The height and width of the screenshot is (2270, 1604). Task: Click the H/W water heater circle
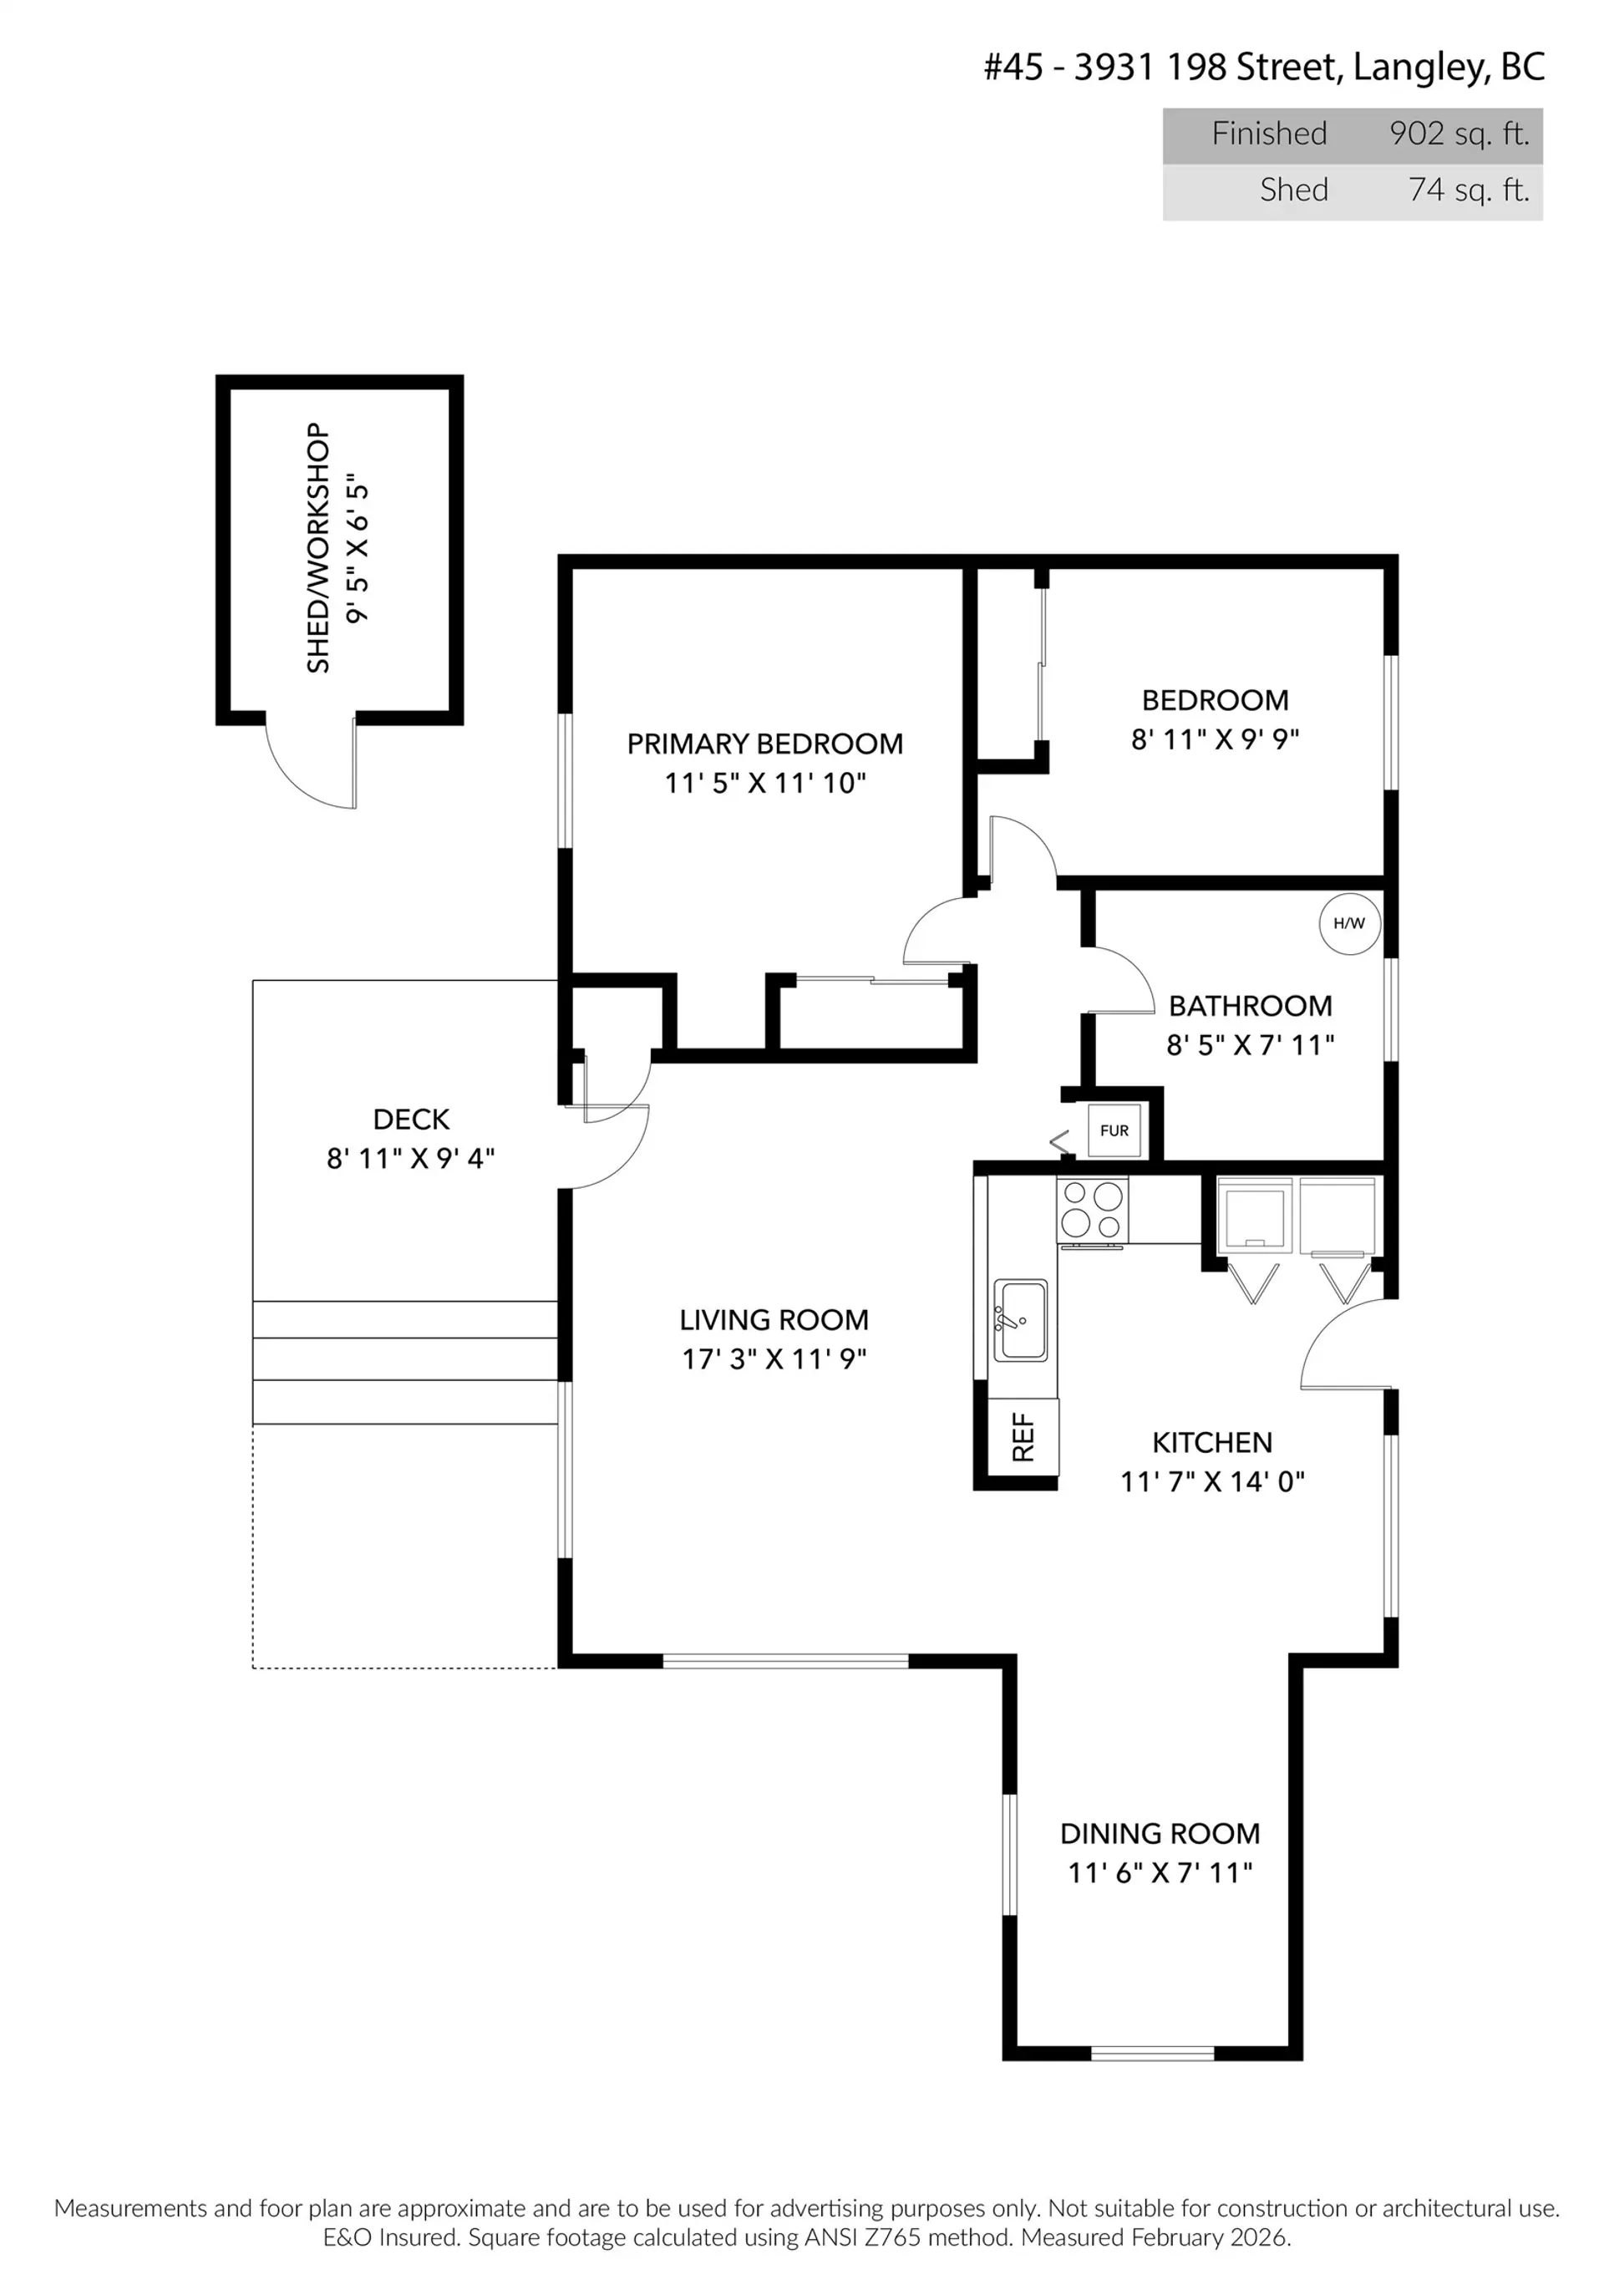(1349, 923)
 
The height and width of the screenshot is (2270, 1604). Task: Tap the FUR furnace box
(1114, 1130)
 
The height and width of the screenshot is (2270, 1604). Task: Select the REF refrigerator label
(1023, 1438)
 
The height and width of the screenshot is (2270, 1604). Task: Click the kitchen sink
(1019, 1320)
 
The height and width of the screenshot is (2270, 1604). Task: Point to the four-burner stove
(1092, 1210)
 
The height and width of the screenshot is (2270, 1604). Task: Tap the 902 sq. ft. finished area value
(1459, 134)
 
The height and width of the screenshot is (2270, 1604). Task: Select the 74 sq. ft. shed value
(1469, 190)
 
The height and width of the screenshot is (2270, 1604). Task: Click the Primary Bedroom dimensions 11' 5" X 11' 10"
(764, 783)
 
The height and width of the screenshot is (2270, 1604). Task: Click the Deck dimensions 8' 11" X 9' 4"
(410, 1158)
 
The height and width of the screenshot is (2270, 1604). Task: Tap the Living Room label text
(774, 1320)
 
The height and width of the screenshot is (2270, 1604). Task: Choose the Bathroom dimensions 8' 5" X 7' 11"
(1250, 1045)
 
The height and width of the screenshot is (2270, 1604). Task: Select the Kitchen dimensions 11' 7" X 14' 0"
(1211, 1481)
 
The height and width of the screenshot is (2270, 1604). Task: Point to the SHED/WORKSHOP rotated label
(317, 549)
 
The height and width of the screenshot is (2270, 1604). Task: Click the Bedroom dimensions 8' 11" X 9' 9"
(1215, 739)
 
